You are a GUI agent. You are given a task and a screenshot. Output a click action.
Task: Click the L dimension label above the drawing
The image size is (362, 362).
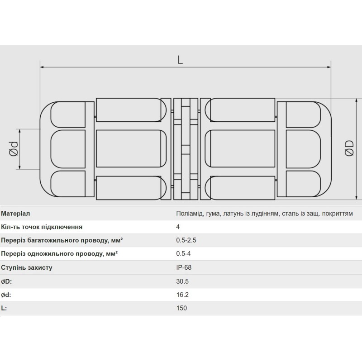(180, 60)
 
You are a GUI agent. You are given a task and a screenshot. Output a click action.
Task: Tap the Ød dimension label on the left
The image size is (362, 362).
(14, 149)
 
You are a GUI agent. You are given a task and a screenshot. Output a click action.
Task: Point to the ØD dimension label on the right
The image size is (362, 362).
(349, 149)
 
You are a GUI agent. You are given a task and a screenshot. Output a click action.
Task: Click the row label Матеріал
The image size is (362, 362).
(16, 213)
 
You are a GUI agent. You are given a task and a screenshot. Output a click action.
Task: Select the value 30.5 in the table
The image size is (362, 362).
(182, 281)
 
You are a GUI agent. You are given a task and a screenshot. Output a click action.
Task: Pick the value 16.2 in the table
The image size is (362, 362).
(182, 295)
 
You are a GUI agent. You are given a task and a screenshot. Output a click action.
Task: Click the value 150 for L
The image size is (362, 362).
(181, 308)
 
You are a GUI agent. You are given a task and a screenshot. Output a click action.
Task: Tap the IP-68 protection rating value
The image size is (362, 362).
(184, 267)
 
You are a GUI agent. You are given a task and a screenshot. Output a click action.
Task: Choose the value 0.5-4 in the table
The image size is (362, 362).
(183, 254)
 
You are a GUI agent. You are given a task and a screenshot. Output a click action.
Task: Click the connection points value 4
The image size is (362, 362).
(178, 227)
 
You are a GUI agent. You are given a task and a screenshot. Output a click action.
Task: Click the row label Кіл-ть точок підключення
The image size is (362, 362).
(42, 227)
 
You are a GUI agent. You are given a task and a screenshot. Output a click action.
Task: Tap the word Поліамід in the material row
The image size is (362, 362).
(190, 213)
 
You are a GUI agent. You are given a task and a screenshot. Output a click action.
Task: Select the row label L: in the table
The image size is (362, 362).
(4, 308)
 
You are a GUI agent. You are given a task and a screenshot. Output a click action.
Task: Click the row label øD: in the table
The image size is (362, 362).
(6, 281)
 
